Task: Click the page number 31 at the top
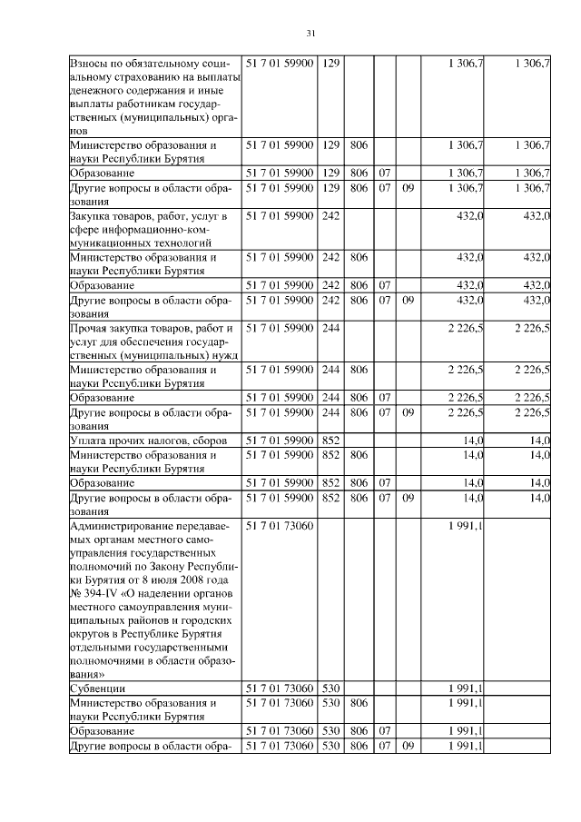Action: tap(310, 35)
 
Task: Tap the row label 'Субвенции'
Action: tap(98, 688)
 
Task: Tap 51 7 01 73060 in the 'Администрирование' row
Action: tap(281, 526)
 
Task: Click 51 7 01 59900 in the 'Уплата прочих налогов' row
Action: tap(281, 440)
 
